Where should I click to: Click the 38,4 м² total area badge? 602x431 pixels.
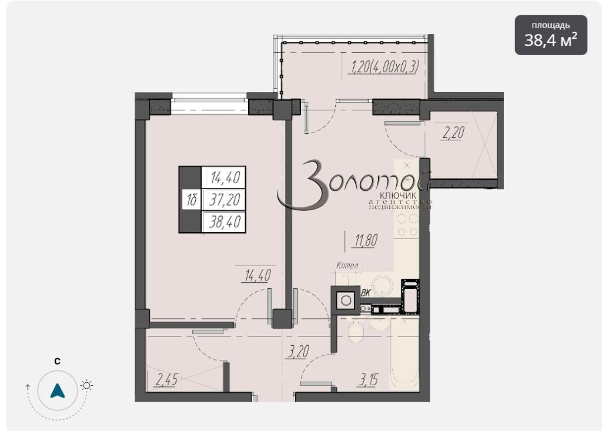tap(550, 35)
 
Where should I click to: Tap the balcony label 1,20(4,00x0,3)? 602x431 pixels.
tap(383, 67)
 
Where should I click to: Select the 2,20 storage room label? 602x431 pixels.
tap(453, 133)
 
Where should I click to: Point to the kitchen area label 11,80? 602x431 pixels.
tap(366, 240)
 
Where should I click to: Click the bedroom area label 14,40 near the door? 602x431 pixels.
tap(257, 275)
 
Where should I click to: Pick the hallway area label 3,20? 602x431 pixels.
tap(298, 351)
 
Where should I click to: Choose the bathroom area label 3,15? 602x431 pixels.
tap(368, 380)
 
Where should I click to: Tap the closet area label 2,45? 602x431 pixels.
tap(166, 379)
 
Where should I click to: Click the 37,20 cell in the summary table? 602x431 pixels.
tap(225, 200)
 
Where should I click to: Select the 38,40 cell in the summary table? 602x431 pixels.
tap(225, 221)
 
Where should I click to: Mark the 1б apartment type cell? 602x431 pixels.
tap(192, 200)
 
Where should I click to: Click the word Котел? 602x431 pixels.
tap(347, 265)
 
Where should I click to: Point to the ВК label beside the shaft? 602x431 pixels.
tap(366, 293)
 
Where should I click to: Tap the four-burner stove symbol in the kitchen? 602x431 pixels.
tap(407, 225)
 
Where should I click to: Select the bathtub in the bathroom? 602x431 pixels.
tap(404, 354)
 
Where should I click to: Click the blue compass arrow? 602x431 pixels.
tap(58, 390)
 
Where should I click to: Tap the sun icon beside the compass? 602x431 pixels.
tap(87, 385)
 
